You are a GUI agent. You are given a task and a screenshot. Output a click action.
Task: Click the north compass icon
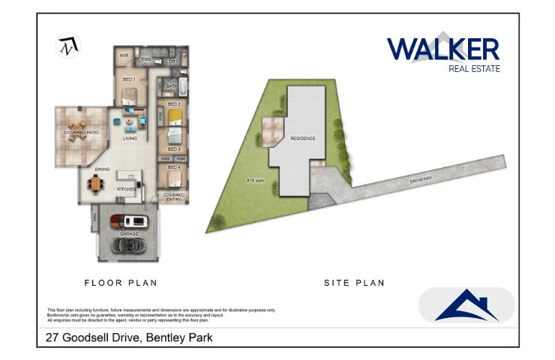pos(69,46)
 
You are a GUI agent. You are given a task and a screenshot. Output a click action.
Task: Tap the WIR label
pos(125,55)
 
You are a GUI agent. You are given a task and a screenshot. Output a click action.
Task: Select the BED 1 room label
pos(128,78)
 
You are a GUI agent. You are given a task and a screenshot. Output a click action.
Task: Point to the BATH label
pos(171,86)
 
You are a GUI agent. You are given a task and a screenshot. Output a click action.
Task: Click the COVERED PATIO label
pos(82,133)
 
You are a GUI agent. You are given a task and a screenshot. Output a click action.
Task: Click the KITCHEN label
pos(127,189)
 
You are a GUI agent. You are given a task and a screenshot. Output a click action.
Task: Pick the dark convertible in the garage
pos(130,245)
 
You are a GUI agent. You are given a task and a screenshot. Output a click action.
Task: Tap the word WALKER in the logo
pos(442,49)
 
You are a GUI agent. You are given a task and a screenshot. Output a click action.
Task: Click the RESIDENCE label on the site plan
pos(303,139)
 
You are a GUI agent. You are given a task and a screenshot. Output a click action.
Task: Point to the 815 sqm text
pos(255,181)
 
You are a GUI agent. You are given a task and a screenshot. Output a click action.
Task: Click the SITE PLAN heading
pos(354,283)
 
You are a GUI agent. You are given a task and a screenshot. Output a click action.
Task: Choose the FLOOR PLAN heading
pos(120,283)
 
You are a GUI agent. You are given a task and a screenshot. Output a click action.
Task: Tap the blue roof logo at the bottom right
pos(466,306)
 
